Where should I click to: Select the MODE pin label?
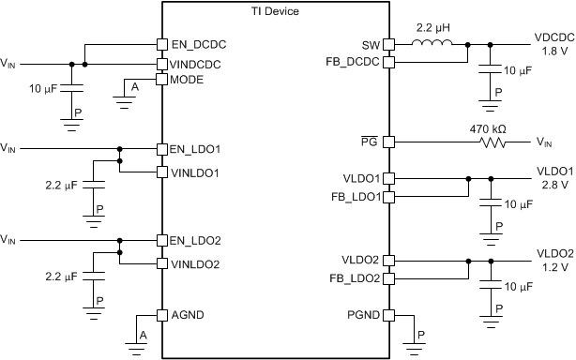tap(187, 80)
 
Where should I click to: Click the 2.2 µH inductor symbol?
tap(433, 42)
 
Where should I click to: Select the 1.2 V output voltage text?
tap(549, 266)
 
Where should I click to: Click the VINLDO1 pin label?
tap(194, 172)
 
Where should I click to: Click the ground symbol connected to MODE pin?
tap(126, 93)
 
